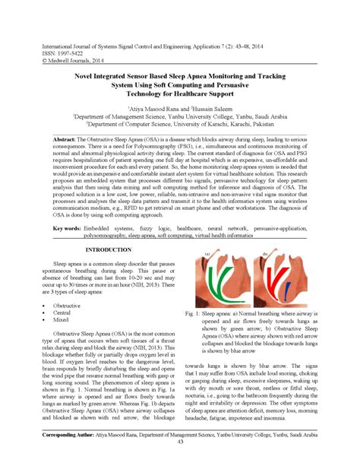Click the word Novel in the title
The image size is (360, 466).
pyautogui.click(x=85, y=77)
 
